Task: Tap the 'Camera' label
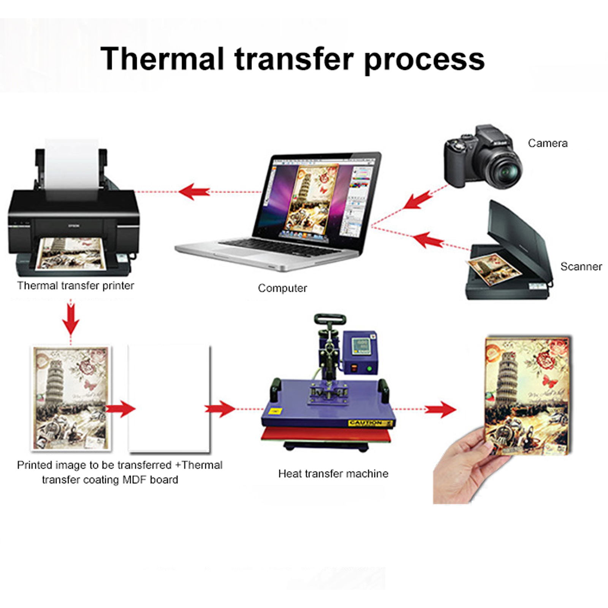tap(548, 143)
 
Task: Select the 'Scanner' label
tap(581, 266)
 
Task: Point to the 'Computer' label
tap(282, 288)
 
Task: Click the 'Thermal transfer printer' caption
tap(76, 286)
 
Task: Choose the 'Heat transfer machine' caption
tap(333, 473)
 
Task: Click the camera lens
tap(503, 170)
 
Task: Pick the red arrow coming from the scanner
tap(427, 240)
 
